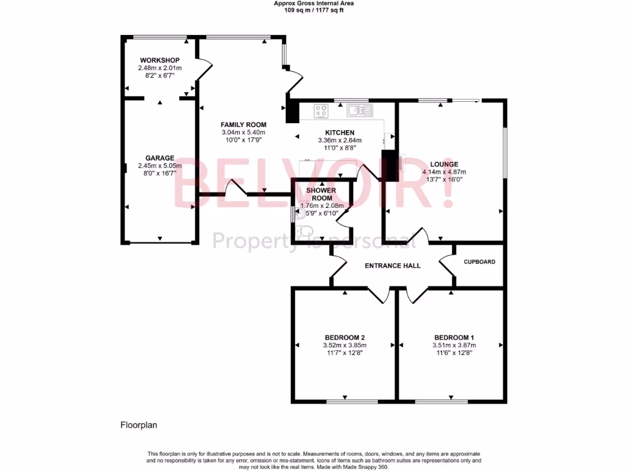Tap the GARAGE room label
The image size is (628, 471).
(159, 158)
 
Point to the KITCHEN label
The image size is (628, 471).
(339, 132)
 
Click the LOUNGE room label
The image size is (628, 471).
(444, 164)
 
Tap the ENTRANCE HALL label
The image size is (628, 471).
(392, 266)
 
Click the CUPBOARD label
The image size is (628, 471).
(479, 262)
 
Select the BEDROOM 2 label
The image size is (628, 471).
(345, 337)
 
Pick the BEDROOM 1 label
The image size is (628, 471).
(454, 337)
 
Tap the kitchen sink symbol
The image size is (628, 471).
(359, 110)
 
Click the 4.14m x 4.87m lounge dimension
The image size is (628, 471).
(444, 172)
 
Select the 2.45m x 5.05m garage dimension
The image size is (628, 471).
(159, 166)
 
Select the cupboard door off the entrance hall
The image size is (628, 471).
(447, 262)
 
